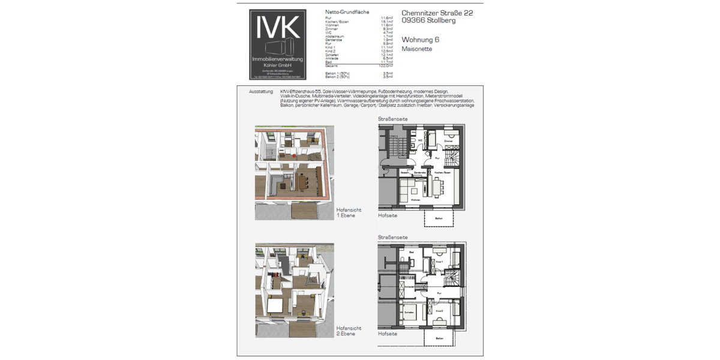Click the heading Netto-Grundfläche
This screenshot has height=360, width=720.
[347, 12]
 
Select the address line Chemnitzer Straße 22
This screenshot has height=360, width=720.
[436, 12]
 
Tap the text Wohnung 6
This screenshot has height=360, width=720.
[421, 40]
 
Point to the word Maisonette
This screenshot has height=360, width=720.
[416, 49]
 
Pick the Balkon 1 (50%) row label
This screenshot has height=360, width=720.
[338, 73]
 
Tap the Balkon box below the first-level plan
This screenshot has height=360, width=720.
[439, 218]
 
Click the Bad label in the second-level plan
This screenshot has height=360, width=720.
[403, 252]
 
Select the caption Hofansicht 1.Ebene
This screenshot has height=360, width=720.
[349, 212]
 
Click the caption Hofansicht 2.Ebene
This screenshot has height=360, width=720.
[349, 331]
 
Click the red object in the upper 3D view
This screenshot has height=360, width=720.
[294, 155]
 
